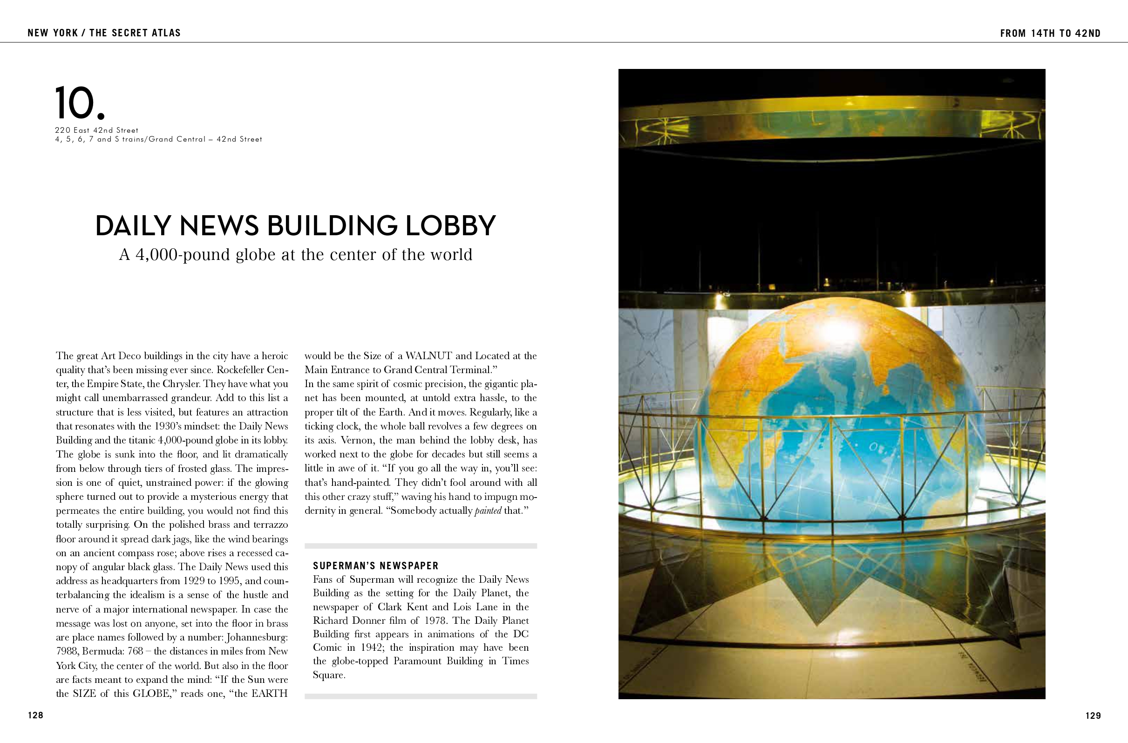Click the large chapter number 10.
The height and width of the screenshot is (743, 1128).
(79, 103)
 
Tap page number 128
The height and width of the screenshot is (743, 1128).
(35, 715)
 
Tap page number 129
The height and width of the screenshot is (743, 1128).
(1093, 716)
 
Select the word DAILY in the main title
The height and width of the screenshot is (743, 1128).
(133, 226)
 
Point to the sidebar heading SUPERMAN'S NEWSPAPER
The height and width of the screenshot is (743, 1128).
(375, 566)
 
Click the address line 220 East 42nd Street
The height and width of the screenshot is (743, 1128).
(97, 130)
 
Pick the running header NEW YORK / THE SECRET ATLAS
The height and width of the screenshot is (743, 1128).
(104, 33)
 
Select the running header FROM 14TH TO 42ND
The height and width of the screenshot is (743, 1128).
(1050, 33)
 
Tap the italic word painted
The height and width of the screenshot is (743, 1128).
(488, 511)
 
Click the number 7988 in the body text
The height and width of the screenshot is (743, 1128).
(68, 652)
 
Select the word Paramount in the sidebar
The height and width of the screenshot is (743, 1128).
(420, 661)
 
